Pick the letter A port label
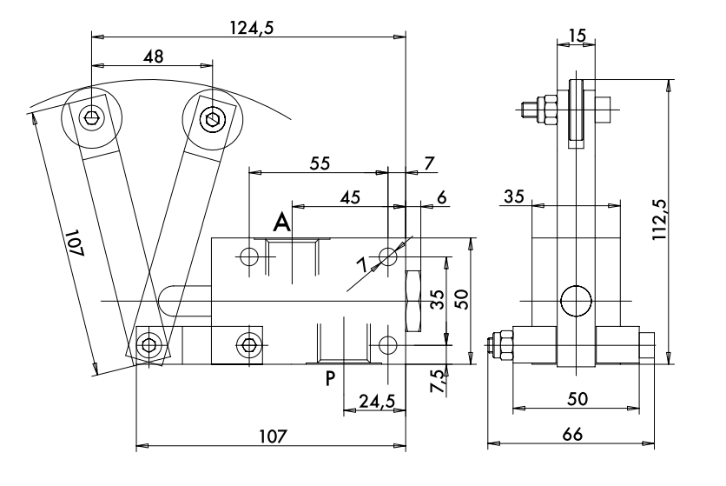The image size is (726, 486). [x=282, y=224]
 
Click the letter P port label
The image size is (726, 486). [x=330, y=378]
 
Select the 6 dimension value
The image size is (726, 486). [x=441, y=198]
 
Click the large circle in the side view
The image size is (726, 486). [x=576, y=302]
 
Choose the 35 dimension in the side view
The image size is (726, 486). [x=512, y=197]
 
